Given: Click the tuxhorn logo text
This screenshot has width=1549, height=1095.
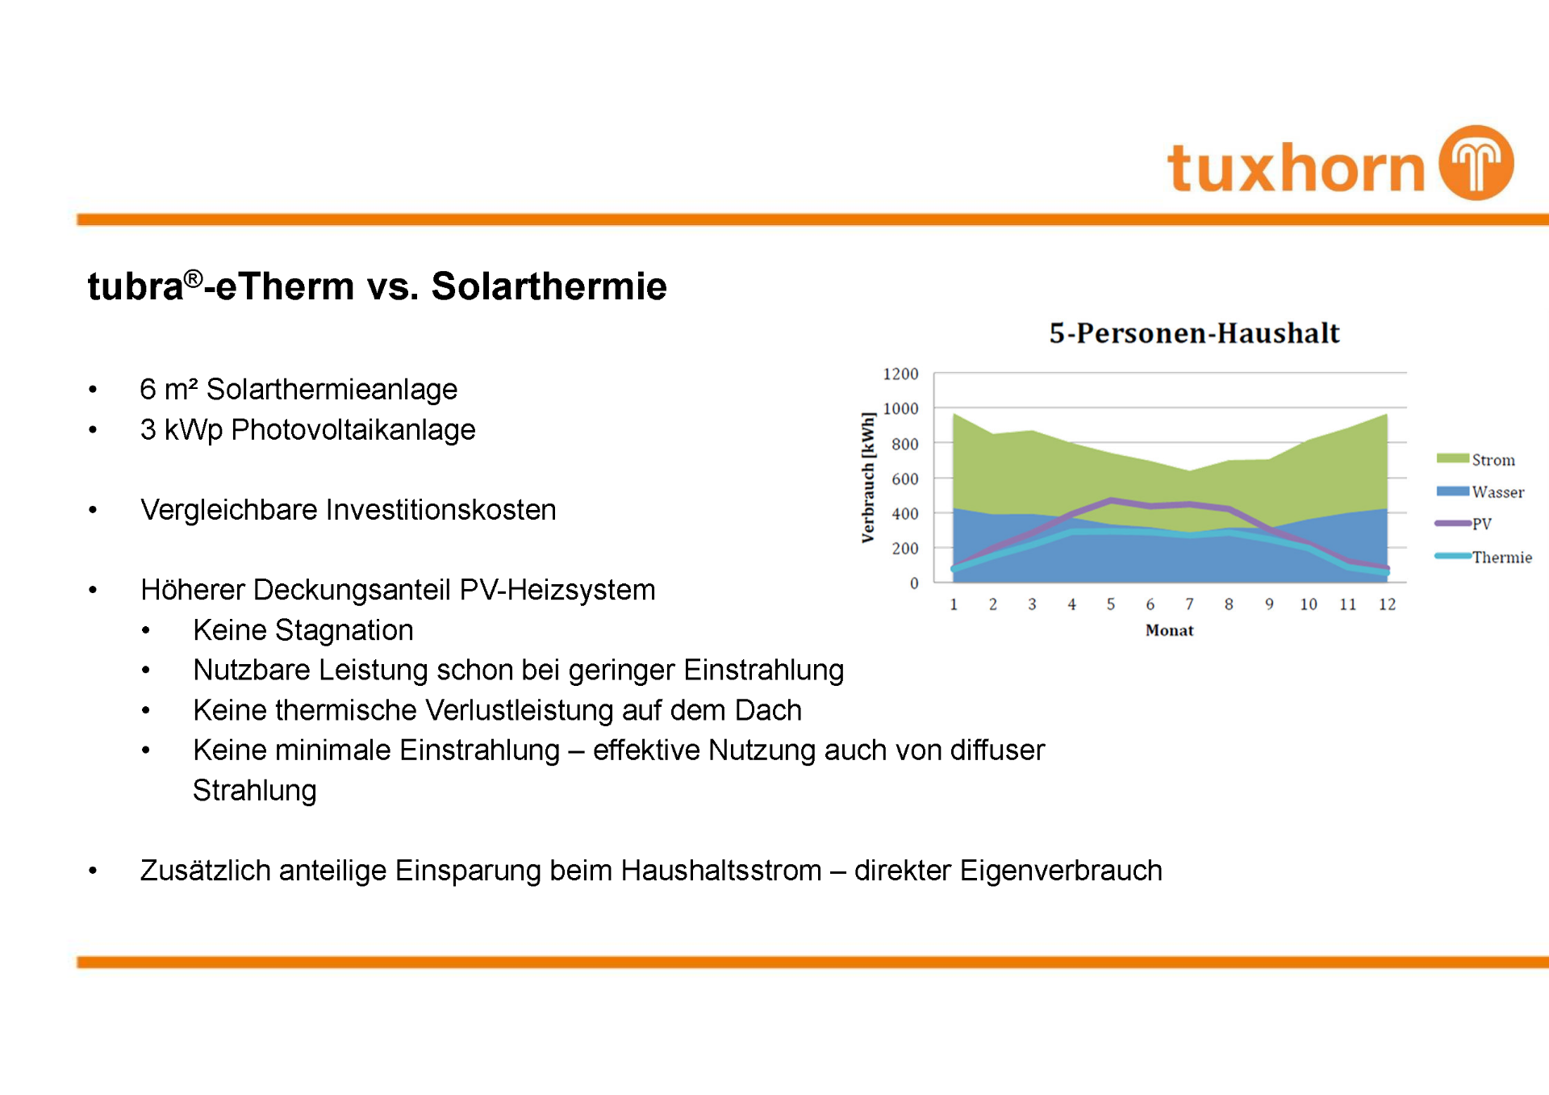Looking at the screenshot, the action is pos(1296,168).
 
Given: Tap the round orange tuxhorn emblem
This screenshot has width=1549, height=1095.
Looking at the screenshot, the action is pos(1477,162).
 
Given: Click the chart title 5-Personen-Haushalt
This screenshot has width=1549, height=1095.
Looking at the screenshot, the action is pos(1194,333).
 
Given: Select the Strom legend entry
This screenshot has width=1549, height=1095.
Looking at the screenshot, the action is pos(1476,460).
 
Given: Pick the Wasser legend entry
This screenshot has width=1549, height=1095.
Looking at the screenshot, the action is pos(1480,492).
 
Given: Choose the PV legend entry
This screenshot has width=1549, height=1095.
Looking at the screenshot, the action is pos(1463,524).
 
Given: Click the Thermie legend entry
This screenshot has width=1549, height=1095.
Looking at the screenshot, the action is pos(1483,557).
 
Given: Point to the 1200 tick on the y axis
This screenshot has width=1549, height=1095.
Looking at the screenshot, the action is pos(900,374).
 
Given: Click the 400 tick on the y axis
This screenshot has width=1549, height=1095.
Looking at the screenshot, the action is pos(904,513).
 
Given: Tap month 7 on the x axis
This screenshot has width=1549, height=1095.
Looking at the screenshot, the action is pos(1189,604).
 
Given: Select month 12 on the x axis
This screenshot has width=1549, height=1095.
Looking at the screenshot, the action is pos(1387,604).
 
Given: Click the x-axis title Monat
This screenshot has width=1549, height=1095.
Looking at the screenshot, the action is pos(1169,630).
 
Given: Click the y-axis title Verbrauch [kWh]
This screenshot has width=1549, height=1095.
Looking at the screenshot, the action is pos(868,478).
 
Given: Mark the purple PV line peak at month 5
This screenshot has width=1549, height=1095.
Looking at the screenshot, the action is pos(1111,500).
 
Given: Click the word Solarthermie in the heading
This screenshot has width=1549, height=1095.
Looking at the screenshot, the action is pos(549,286).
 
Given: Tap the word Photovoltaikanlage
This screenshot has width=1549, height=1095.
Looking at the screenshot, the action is pos(353,430).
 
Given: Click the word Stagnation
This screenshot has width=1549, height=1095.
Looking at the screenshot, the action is pos(344,630).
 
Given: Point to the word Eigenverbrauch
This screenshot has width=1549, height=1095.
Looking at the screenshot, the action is pos(1061,871).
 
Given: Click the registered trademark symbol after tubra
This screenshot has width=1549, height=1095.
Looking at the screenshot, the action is pos(193,278).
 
